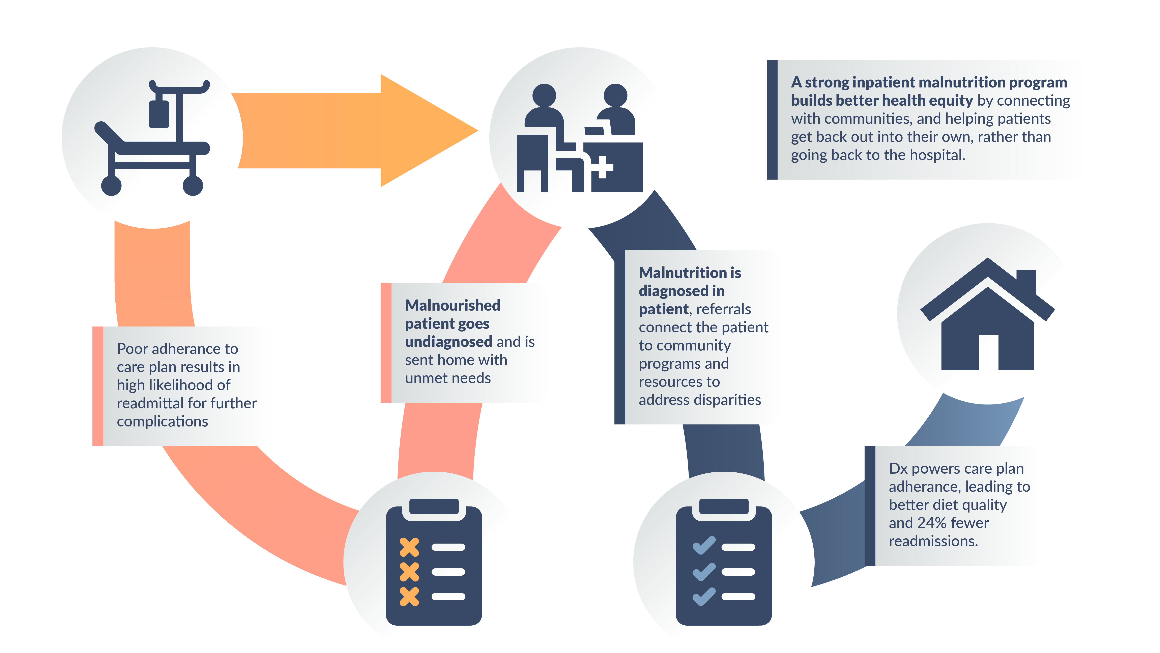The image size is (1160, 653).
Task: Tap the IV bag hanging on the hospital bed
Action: point(158,113)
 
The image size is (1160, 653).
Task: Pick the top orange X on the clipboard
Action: point(409,547)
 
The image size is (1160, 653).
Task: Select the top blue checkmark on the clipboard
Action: point(704,545)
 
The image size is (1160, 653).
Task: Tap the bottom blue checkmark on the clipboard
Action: point(704,596)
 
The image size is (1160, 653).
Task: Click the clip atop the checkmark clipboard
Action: point(724,506)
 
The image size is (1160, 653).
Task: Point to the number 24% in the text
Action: point(931,523)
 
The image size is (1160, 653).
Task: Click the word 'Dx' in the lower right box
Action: point(898,469)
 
